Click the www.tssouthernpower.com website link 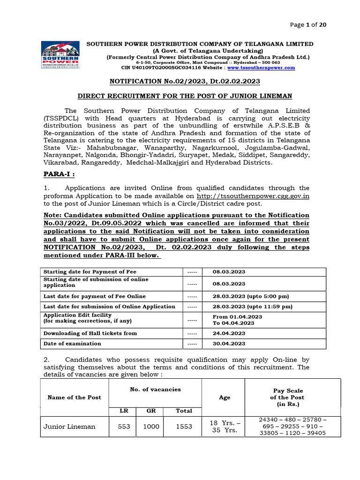pos(268,67)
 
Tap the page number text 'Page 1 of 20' pos(308,25)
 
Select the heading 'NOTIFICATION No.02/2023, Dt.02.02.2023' pos(184,81)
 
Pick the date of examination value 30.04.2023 pos(229,344)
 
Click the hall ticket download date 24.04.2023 pos(229,333)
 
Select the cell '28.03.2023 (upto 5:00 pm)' pos(250,296)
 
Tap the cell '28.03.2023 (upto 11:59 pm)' pos(252,307)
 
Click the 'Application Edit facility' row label pos(77,315)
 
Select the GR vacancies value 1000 pos(151,427)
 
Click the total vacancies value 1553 pos(184,427)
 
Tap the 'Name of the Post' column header pos(74,397)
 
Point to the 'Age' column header pos(225,397)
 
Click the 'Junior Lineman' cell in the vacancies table pos(69,427)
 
